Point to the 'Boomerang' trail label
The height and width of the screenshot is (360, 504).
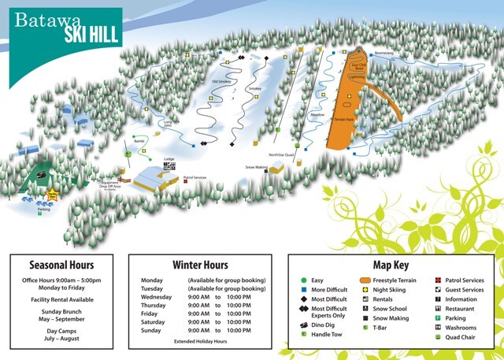click(384, 54)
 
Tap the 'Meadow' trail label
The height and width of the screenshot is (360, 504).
click(317, 116)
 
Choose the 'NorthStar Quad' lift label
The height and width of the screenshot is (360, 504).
click(280, 154)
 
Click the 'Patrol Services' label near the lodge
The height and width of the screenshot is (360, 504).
click(195, 178)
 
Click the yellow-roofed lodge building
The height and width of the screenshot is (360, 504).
click(156, 180)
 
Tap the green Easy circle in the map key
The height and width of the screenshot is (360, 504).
click(303, 280)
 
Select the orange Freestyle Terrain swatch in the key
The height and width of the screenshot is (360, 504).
click(365, 280)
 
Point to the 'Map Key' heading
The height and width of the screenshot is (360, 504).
click(395, 265)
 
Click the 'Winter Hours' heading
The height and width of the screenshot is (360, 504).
click(200, 265)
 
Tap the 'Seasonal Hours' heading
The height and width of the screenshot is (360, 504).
click(61, 265)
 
